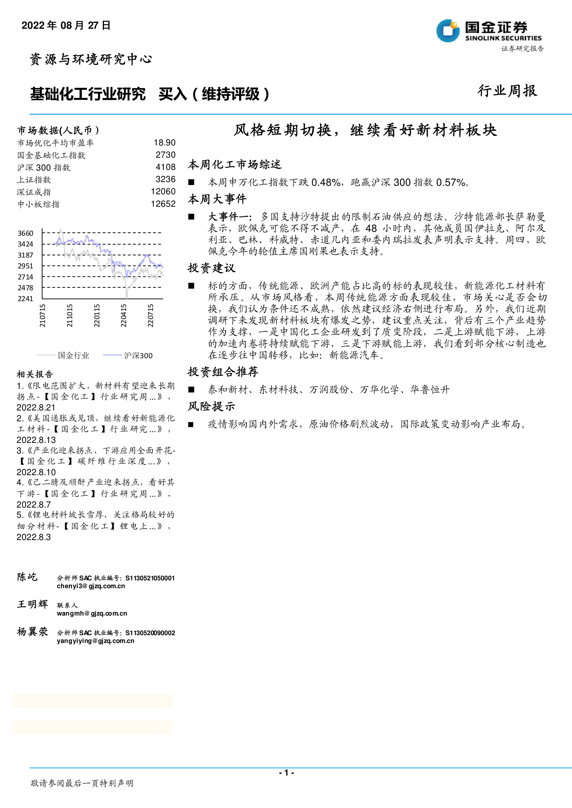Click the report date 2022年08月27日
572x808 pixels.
pyautogui.click(x=66, y=25)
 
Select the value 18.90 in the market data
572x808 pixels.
pyautogui.click(x=165, y=142)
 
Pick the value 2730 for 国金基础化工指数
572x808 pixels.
pyautogui.click(x=165, y=155)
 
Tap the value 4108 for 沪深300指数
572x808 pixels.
pyautogui.click(x=165, y=167)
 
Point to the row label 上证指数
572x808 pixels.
pyautogui.click(x=34, y=180)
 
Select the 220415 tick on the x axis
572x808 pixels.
pyautogui.click(x=124, y=316)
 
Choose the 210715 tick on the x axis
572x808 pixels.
pyautogui.click(x=42, y=316)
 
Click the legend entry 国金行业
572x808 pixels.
pyautogui.click(x=73, y=355)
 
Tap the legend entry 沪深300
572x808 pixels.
pyautogui.click(x=138, y=355)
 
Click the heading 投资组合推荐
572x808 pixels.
pyautogui.click(x=223, y=372)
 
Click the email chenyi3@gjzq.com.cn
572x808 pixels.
pyautogui.click(x=91, y=586)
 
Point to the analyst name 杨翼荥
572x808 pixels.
pyautogui.click(x=32, y=632)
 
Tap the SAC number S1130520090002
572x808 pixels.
pyautogui.click(x=150, y=633)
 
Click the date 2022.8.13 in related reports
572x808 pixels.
pyautogui.click(x=36, y=440)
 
